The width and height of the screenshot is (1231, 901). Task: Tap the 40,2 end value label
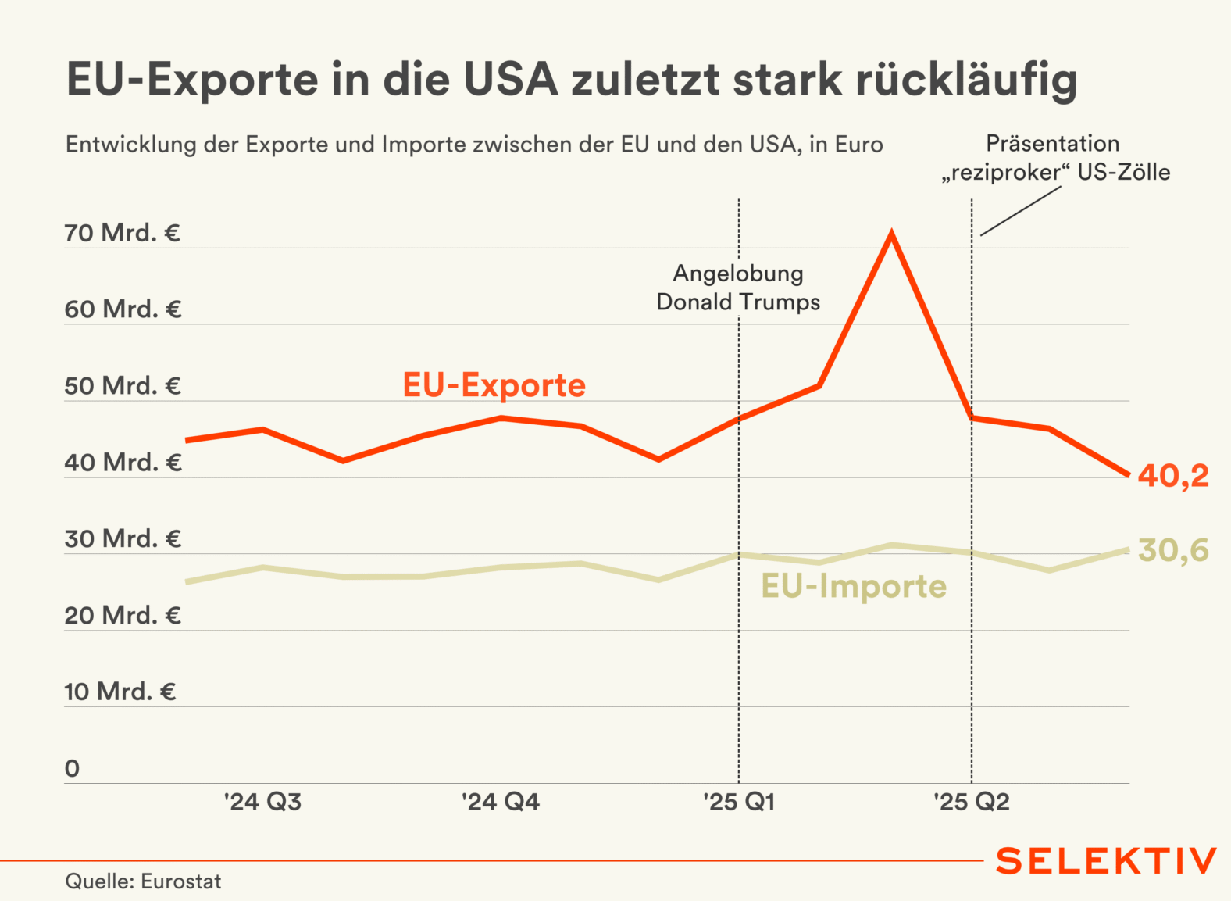(1172, 475)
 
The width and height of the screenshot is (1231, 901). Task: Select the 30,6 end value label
(1173, 550)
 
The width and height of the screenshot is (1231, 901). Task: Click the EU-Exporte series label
(494, 385)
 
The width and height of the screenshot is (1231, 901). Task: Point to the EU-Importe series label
(854, 586)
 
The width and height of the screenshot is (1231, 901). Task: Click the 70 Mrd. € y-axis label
(123, 233)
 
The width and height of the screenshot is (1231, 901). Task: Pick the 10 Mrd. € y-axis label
(120, 692)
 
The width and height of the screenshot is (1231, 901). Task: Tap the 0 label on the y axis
(72, 768)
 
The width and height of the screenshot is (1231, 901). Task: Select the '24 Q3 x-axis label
(262, 802)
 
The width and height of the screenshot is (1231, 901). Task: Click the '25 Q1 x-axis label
(738, 802)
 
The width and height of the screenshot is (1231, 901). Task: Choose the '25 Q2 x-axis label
(971, 802)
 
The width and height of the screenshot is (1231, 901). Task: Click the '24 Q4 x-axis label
(500, 802)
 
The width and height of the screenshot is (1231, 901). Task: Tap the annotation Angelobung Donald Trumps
(738, 288)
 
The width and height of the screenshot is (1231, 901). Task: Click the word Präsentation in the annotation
(1052, 144)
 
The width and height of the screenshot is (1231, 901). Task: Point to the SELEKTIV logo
(1106, 861)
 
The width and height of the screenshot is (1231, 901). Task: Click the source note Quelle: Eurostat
(143, 881)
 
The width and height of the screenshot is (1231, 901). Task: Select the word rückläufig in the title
(966, 80)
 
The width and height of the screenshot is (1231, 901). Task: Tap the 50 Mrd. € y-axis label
(123, 386)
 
